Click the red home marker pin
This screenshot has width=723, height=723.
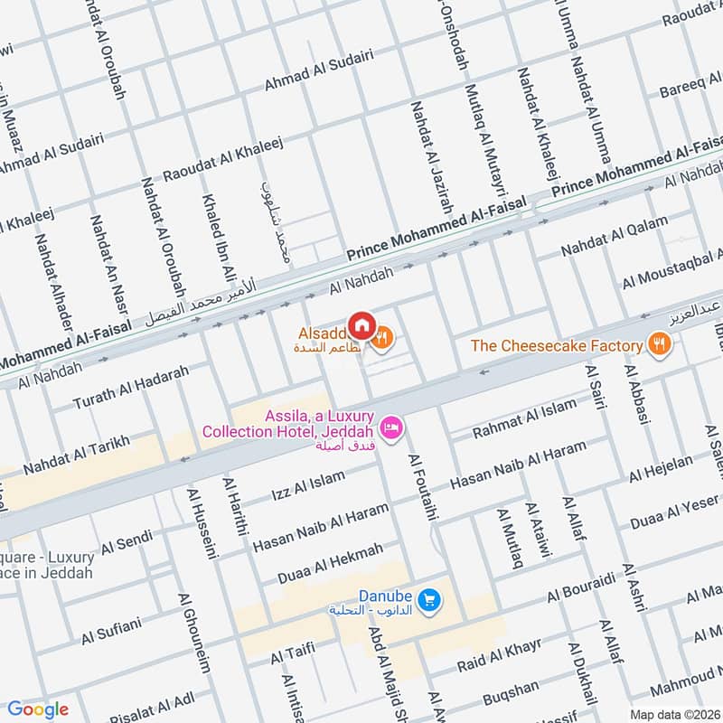[361, 324]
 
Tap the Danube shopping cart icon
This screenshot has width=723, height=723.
[429, 598]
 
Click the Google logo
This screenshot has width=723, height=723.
[38, 709]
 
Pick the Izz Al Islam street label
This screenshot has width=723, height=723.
[308, 486]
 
